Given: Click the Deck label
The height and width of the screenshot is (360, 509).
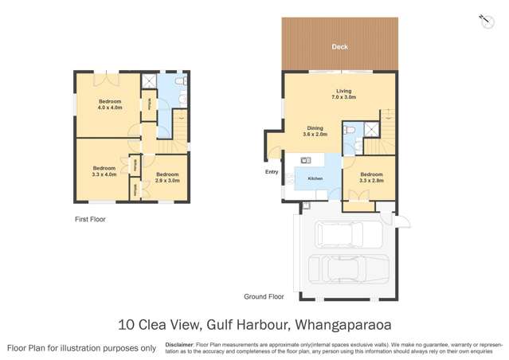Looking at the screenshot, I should (339, 47).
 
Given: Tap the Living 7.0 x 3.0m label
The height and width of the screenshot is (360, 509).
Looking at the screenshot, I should (344, 94).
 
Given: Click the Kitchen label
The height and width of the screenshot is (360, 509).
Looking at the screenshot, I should (315, 178).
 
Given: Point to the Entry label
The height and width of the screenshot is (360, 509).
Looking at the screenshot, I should (272, 171).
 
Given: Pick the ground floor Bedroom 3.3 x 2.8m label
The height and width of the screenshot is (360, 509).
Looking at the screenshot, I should (371, 178).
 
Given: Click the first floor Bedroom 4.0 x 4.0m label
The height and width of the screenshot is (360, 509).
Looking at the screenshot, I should (110, 104).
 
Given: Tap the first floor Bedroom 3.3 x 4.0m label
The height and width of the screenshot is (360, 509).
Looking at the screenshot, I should (104, 170).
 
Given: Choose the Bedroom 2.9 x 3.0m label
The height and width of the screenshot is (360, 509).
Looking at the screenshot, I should (167, 178).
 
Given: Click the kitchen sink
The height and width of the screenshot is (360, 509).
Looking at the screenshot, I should (306, 161).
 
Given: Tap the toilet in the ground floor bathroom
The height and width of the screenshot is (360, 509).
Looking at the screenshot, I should (349, 129).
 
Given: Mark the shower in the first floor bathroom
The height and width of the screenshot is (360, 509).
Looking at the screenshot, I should (147, 80).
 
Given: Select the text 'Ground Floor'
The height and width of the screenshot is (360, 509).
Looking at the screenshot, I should (264, 296).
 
